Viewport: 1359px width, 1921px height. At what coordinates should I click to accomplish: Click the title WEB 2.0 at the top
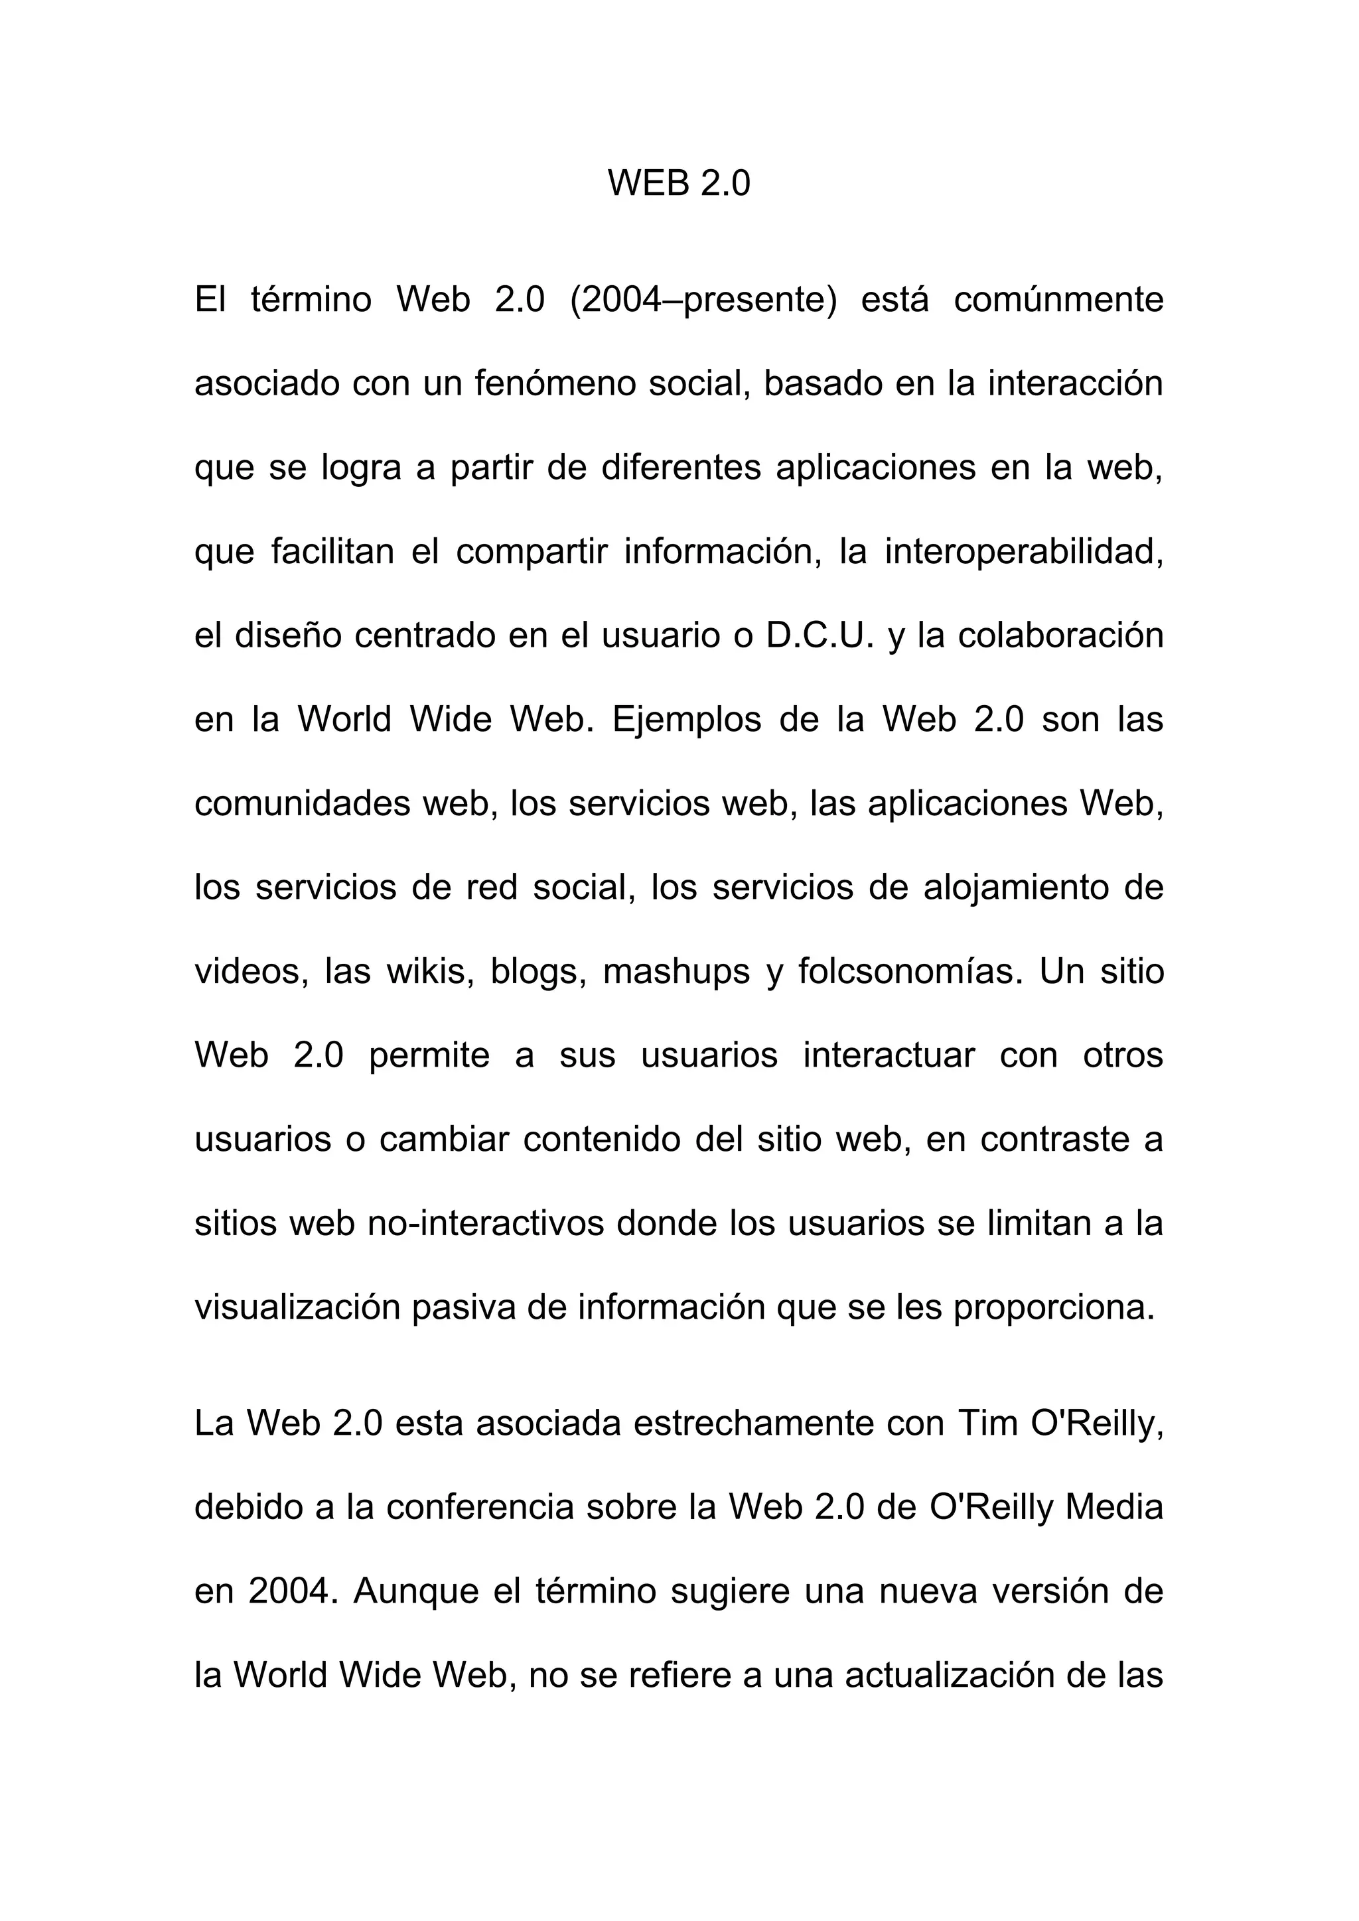click(x=679, y=183)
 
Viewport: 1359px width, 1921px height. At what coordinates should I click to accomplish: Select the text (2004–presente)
click(x=703, y=300)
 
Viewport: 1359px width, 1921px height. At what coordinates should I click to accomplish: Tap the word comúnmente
click(x=1058, y=300)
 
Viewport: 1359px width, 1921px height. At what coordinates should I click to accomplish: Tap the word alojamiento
click(x=1019, y=888)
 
